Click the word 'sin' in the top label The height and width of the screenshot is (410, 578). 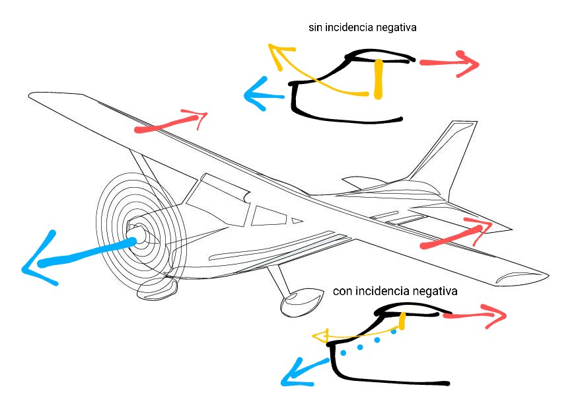click(x=316, y=28)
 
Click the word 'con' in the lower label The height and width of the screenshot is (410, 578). click(x=343, y=291)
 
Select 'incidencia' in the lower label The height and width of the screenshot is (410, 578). click(x=383, y=291)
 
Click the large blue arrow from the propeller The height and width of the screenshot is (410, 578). click(x=79, y=255)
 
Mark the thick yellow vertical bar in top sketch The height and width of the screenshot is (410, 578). click(x=378, y=79)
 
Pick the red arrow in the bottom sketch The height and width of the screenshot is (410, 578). click(x=472, y=315)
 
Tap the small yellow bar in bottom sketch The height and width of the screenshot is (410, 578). click(x=402, y=321)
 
